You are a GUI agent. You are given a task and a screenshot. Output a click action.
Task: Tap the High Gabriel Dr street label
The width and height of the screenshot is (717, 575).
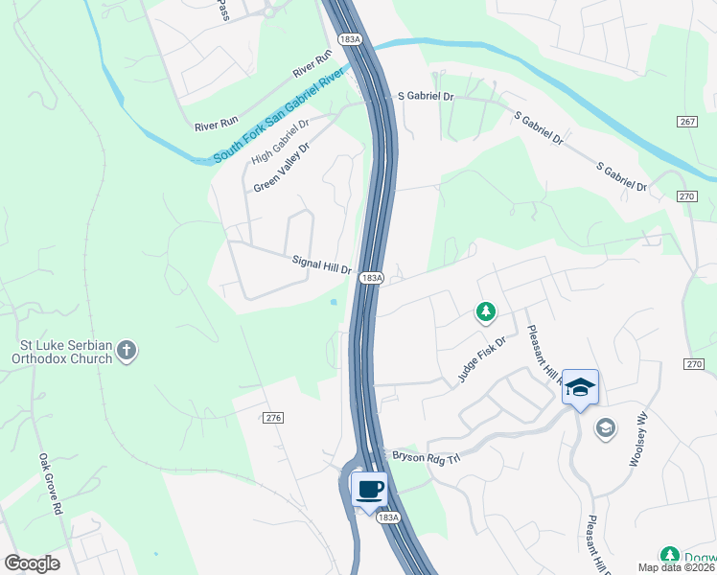pyautogui.click(x=281, y=142)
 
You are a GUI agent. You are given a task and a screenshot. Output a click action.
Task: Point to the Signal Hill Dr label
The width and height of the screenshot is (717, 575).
pyautogui.click(x=322, y=264)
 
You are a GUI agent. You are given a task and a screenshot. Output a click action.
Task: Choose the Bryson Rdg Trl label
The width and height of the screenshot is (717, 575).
pyautogui.click(x=426, y=456)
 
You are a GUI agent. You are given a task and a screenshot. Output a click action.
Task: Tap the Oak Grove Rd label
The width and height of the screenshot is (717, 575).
pyautogui.click(x=50, y=484)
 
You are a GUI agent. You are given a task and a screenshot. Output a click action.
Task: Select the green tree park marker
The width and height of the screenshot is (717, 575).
pyautogui.click(x=487, y=311)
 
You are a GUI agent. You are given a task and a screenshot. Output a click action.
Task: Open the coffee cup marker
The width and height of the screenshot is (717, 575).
pyautogui.click(x=370, y=490)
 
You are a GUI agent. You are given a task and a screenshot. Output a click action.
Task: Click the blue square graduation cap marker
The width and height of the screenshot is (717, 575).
pyautogui.click(x=580, y=387)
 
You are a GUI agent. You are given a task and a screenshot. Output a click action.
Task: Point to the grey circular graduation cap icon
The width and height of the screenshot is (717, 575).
pyautogui.click(x=605, y=427)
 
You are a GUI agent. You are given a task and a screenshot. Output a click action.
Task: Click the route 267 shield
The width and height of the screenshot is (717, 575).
pyautogui.click(x=686, y=122)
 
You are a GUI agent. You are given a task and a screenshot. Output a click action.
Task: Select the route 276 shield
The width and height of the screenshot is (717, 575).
pyautogui.click(x=274, y=417)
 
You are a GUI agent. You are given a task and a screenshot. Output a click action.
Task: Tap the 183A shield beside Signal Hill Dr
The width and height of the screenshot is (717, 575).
pyautogui.click(x=372, y=278)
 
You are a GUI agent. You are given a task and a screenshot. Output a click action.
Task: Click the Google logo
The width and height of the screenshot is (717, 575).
pyautogui.click(x=32, y=563)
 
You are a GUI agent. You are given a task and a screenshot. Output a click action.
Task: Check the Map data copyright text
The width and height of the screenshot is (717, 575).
pyautogui.click(x=675, y=567)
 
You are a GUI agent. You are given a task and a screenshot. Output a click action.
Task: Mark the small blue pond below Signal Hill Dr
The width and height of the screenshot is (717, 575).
pyautogui.click(x=334, y=303)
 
